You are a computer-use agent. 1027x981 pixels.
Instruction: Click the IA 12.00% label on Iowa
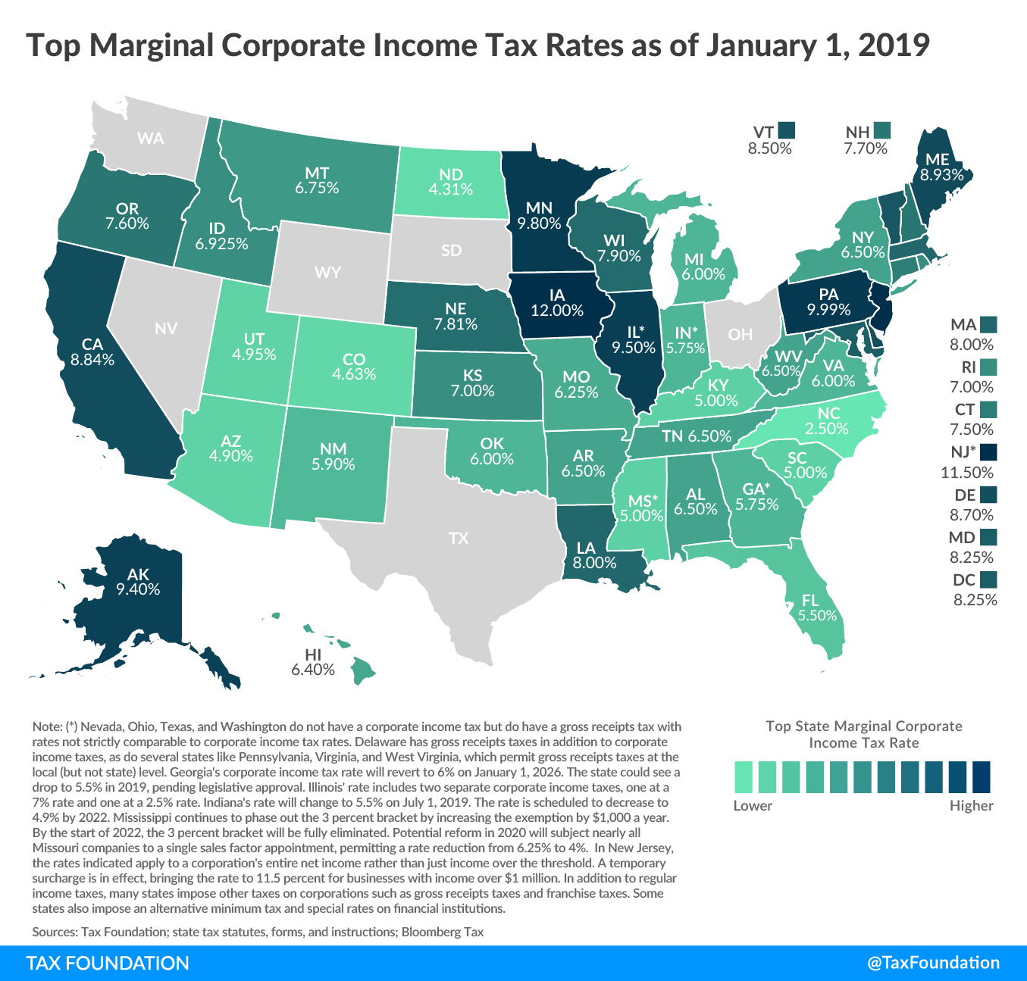point(557,303)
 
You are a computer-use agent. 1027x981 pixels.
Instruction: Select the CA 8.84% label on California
point(92,352)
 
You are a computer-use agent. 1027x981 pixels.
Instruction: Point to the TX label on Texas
point(459,539)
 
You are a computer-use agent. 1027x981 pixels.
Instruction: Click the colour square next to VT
point(786,131)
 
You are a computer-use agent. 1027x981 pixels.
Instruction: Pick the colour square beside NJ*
point(988,452)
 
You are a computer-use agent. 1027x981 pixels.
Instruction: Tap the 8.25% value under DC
point(975,600)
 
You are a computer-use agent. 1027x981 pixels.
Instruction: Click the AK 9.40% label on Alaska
point(138,582)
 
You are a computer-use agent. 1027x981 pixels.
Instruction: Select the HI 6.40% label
point(312,662)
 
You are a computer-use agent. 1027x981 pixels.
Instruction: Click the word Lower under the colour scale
point(753,805)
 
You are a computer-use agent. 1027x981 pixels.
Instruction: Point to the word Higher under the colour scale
point(971,805)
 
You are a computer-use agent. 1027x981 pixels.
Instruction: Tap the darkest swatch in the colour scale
point(982,776)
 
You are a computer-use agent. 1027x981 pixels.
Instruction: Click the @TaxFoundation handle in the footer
point(933,963)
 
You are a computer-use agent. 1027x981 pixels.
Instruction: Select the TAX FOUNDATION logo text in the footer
point(108,963)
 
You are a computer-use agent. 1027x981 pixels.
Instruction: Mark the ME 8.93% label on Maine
point(941,167)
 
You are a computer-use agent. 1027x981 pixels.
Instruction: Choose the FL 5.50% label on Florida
point(817,608)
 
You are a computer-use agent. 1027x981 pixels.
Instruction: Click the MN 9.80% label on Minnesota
point(539,216)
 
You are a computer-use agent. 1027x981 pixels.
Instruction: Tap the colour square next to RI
point(988,367)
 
